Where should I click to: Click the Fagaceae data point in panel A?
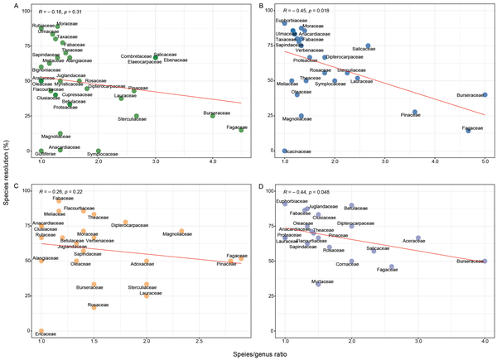point(241,129)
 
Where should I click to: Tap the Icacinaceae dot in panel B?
point(285,151)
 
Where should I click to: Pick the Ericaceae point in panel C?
point(41,332)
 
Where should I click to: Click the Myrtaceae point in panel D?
point(318,285)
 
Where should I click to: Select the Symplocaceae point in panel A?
point(99,151)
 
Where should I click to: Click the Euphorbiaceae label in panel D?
point(292,201)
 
